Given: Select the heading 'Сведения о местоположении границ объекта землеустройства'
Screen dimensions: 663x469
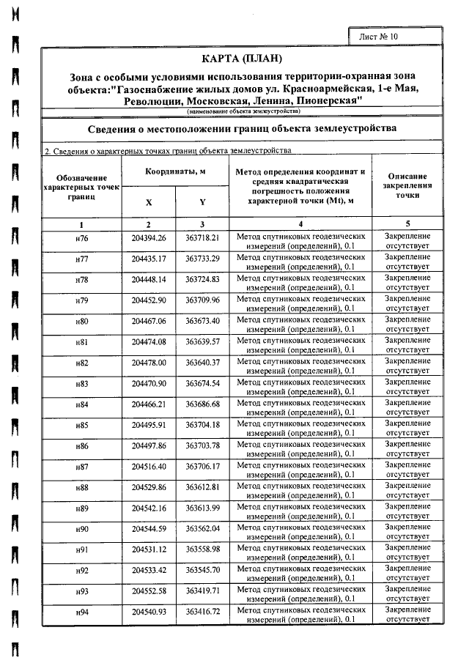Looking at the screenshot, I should pyautogui.click(x=243, y=127).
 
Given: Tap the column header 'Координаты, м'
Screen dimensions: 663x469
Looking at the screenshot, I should pyautogui.click(x=174, y=171).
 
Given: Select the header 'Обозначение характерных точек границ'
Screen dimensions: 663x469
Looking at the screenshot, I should pyautogui.click(x=81, y=188).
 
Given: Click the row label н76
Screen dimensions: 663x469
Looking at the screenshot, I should pyautogui.click(x=81, y=239).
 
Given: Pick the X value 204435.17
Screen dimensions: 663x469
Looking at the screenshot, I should pyautogui.click(x=149, y=259).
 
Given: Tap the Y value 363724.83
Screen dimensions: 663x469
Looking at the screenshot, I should pyautogui.click(x=203, y=280).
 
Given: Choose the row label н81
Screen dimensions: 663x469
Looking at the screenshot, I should pyautogui.click(x=81, y=342).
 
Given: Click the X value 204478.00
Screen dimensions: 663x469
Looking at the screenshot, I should pyautogui.click(x=149, y=363).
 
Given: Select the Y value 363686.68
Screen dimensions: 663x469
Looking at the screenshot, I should pyautogui.click(x=203, y=404).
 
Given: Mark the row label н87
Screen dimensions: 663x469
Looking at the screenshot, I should pyautogui.click(x=81, y=466).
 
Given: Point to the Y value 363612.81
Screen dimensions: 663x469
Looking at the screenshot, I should pyautogui.click(x=203, y=487).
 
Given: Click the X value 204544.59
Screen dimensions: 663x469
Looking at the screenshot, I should pyautogui.click(x=149, y=528).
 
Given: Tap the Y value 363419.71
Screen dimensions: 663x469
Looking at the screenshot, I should pyautogui.click(x=203, y=590).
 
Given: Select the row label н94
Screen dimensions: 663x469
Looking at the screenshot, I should pyautogui.click(x=81, y=611).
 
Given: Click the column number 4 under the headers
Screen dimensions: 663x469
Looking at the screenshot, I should pyautogui.click(x=300, y=223).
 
